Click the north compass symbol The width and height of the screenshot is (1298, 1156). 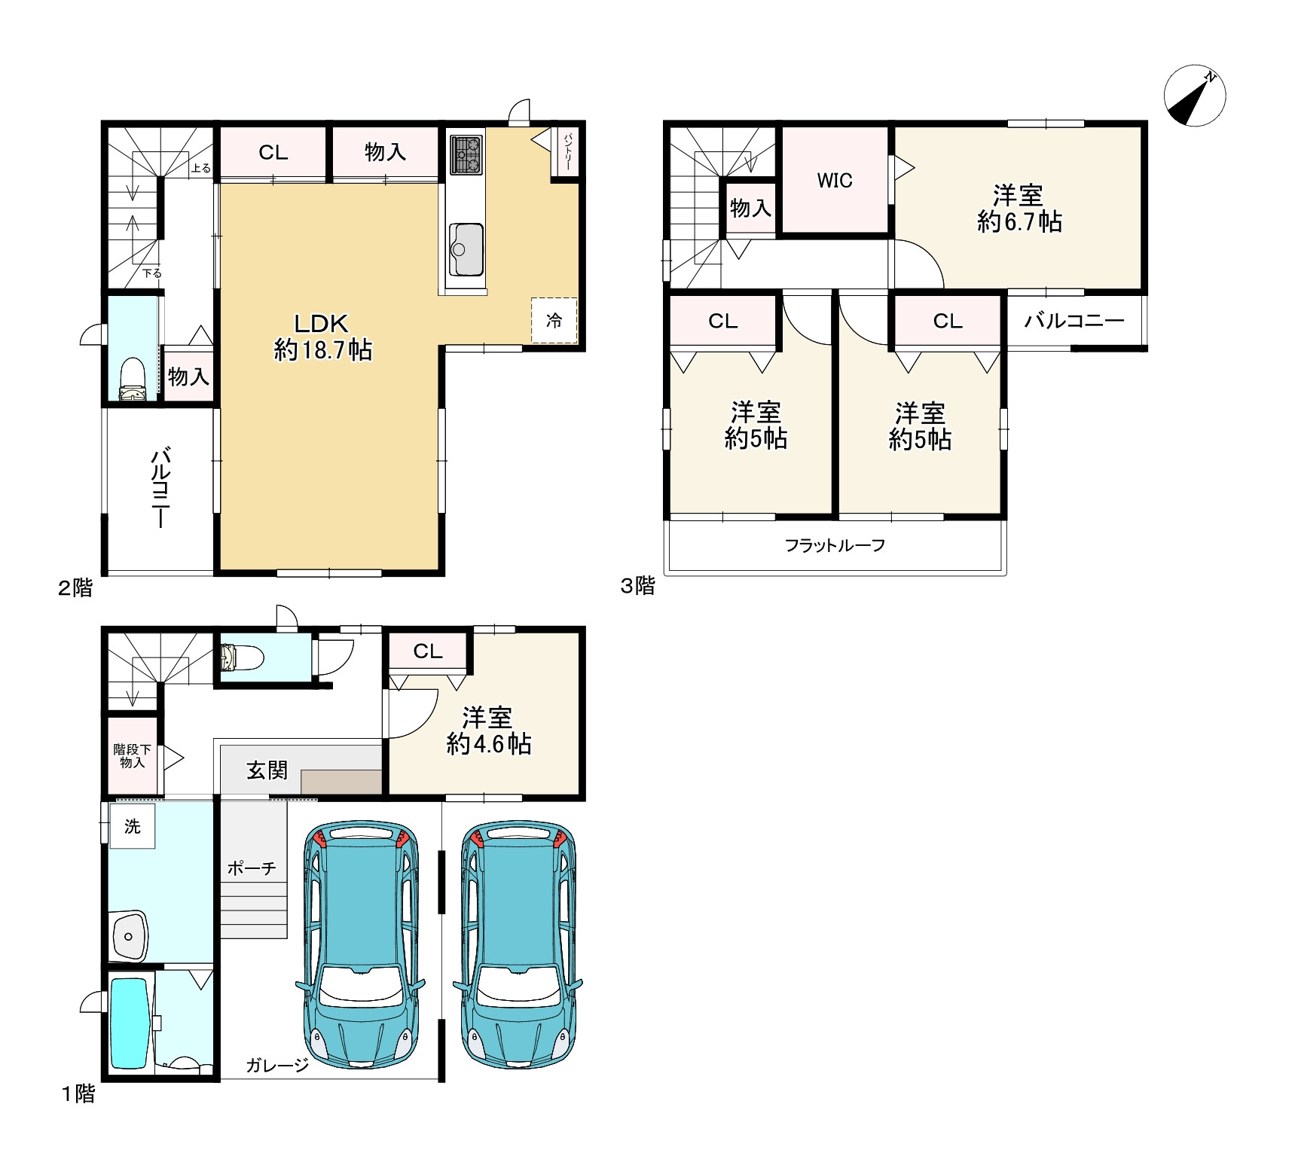tap(1195, 97)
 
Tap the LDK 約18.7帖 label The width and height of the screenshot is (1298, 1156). tap(322, 337)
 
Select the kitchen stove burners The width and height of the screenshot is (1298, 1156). tap(466, 154)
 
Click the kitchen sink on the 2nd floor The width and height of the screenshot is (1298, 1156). tap(466, 249)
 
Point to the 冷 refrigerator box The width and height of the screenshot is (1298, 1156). tap(554, 321)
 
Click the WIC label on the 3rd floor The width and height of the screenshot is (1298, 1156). tap(835, 181)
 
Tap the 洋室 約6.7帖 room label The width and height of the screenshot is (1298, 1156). tap(1019, 209)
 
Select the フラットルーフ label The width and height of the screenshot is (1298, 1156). tap(835, 545)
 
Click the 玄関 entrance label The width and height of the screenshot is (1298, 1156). tap(267, 770)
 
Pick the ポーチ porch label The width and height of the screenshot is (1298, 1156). tap(252, 868)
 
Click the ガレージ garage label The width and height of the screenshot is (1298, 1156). tap(277, 1065)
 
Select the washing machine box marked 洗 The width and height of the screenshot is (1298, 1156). tap(133, 826)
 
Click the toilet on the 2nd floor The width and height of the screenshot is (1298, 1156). tap(133, 380)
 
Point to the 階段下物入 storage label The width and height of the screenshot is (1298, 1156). tap(132, 756)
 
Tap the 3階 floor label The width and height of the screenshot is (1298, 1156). tap(638, 586)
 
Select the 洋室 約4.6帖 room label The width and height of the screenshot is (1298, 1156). tap(488, 731)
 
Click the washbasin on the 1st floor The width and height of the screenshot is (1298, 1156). tap(130, 936)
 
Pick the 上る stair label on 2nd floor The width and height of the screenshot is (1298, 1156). tap(201, 168)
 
